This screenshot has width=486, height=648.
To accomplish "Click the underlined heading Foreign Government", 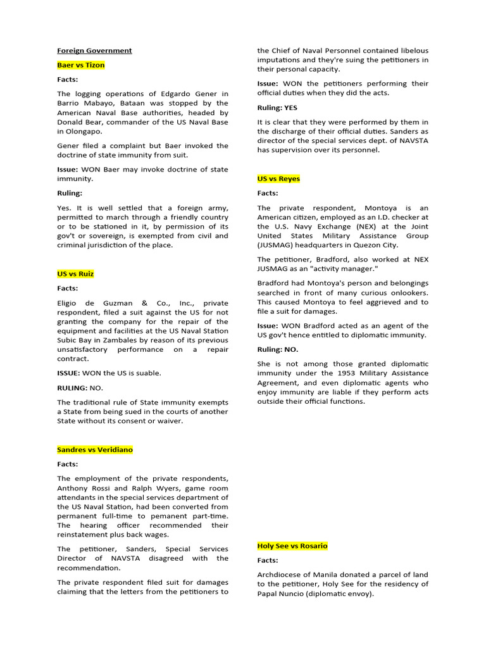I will [x=94, y=51].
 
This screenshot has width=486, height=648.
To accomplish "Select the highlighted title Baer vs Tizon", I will [x=81, y=65].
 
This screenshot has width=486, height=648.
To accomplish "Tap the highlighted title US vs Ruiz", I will [x=75, y=274].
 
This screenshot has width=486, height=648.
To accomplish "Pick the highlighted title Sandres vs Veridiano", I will [x=95, y=450].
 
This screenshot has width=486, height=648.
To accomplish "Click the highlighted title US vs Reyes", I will [x=278, y=179].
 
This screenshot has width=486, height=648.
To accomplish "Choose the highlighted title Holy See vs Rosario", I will [x=292, y=546].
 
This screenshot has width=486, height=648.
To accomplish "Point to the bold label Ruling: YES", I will [x=277, y=108].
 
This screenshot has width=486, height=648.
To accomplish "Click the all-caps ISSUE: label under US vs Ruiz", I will [x=68, y=373].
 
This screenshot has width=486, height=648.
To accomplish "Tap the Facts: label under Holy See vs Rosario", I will [x=268, y=561].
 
